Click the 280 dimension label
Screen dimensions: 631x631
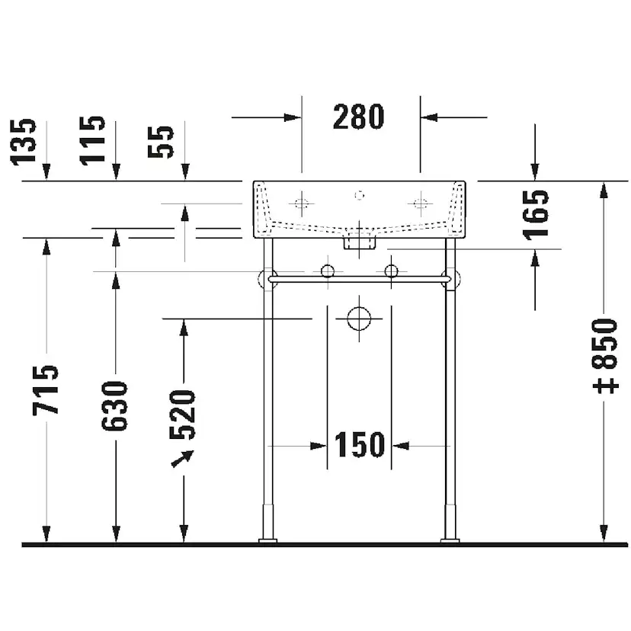[x=359, y=117]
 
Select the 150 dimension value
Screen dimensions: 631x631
[x=360, y=445]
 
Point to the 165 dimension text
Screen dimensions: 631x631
[x=536, y=215]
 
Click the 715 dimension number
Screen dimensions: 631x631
[x=46, y=389]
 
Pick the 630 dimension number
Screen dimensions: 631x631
[x=114, y=406]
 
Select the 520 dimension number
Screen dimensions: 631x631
[x=182, y=415]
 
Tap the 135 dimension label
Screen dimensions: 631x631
[x=23, y=142]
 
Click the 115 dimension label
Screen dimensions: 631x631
[x=92, y=140]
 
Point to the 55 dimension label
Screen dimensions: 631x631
[x=161, y=142]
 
